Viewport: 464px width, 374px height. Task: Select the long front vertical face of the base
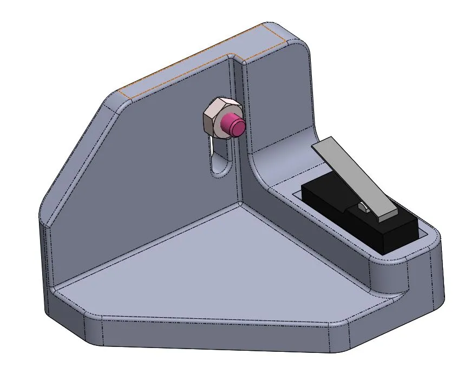[217, 336]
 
